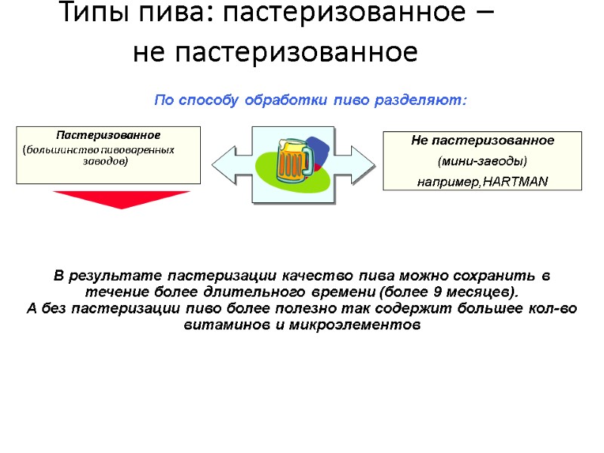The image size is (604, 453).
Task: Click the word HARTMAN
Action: [x=516, y=182]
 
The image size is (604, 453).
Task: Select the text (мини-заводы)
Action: [x=482, y=162]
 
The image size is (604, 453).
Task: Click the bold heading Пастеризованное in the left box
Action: [x=108, y=135]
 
